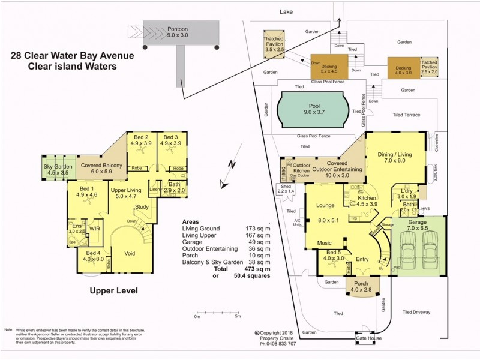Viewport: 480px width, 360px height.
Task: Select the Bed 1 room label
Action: (x=86, y=191)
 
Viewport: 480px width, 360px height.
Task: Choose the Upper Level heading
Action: (x=113, y=290)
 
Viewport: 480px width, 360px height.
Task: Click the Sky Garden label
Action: (x=58, y=169)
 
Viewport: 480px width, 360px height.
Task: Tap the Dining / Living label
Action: (x=395, y=157)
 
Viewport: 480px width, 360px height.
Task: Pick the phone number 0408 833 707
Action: (x=278, y=344)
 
